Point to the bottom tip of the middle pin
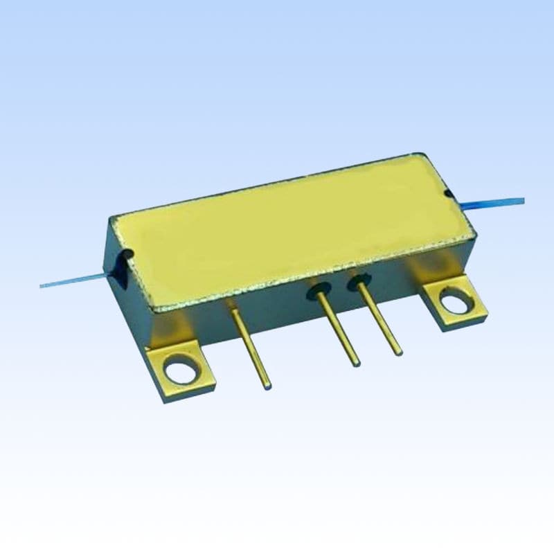pyautogui.click(x=355, y=361)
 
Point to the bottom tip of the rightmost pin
pyautogui.click(x=397, y=352)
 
